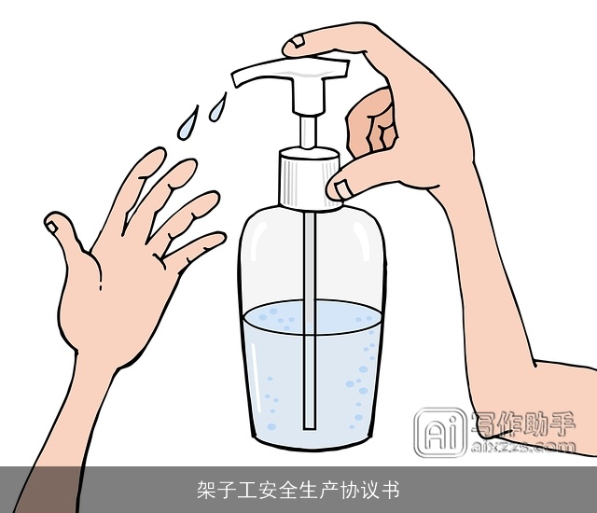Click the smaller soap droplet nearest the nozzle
pos(218,104)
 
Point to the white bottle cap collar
pos(308,177)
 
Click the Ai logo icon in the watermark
pos(439,434)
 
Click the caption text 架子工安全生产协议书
pos(298,491)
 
